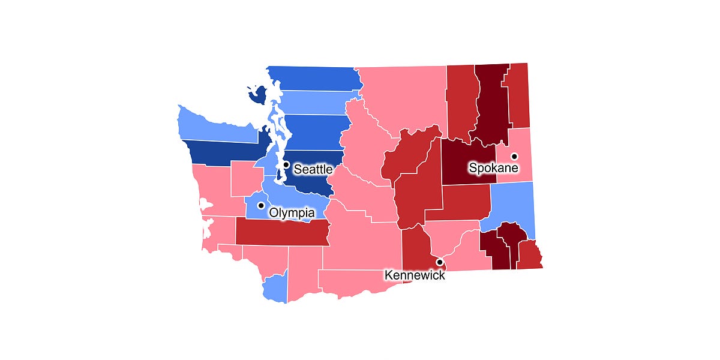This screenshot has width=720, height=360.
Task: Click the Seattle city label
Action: tap(313, 170)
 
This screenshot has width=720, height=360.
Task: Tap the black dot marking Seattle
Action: tap(286, 164)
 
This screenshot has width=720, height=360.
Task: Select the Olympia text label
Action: tap(292, 213)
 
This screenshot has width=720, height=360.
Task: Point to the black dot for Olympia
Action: tap(260, 205)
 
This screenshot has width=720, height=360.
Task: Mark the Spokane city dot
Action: tap(514, 156)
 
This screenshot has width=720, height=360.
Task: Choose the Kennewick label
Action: tap(415, 275)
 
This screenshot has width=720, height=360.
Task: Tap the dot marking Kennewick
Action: tap(439, 262)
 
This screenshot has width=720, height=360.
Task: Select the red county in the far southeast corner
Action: tap(529, 255)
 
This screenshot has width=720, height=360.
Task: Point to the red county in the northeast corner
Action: tap(519, 96)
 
